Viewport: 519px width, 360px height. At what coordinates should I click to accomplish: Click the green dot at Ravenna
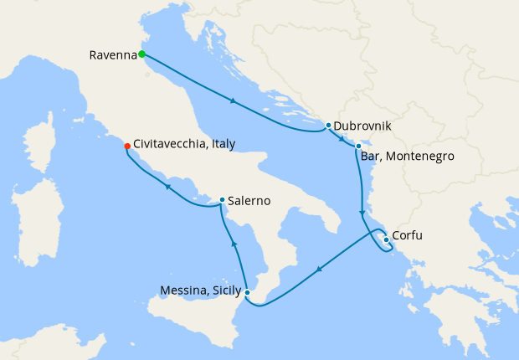(141, 54)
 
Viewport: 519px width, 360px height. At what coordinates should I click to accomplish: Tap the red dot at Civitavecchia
(127, 146)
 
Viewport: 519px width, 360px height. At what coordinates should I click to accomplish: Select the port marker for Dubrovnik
(328, 126)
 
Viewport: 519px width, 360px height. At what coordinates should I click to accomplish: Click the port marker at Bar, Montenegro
(358, 147)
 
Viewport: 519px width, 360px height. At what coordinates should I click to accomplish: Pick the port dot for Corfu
(386, 240)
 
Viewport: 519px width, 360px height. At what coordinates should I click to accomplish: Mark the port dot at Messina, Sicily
(248, 292)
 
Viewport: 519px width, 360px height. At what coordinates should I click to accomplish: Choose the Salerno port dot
(222, 200)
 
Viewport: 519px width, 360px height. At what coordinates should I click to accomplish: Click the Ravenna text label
(111, 55)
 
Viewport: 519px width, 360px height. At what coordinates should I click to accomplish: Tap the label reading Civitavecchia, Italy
(184, 145)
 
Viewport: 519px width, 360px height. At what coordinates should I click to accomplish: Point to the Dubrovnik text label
(362, 126)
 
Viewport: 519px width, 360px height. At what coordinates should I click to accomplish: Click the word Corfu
(407, 236)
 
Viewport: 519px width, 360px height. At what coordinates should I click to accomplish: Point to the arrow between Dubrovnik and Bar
(342, 140)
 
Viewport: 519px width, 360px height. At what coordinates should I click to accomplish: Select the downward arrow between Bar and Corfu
(362, 212)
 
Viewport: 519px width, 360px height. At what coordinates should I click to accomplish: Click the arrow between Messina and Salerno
(234, 244)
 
